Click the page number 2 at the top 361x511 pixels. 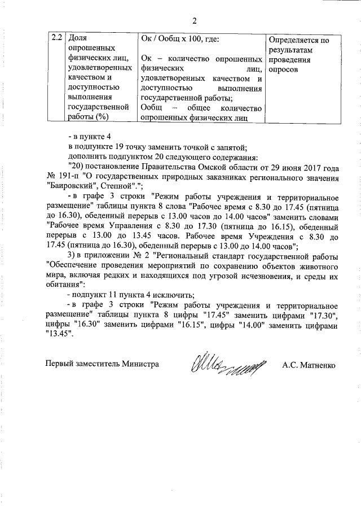coord(194,21)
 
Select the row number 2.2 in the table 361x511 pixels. coord(56,39)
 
